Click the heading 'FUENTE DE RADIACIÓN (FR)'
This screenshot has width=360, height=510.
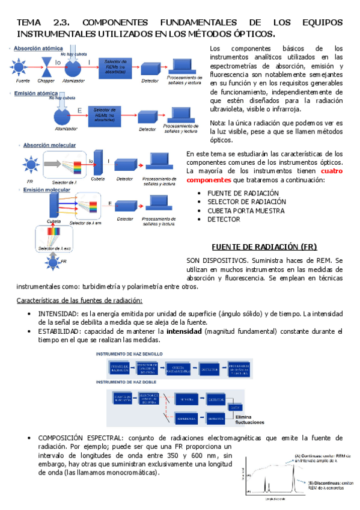[x=264, y=247]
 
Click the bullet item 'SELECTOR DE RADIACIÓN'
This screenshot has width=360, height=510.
[x=246, y=201]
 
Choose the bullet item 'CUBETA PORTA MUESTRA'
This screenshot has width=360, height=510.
[x=247, y=210]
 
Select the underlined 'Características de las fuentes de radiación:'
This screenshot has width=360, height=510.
[x=79, y=300]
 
